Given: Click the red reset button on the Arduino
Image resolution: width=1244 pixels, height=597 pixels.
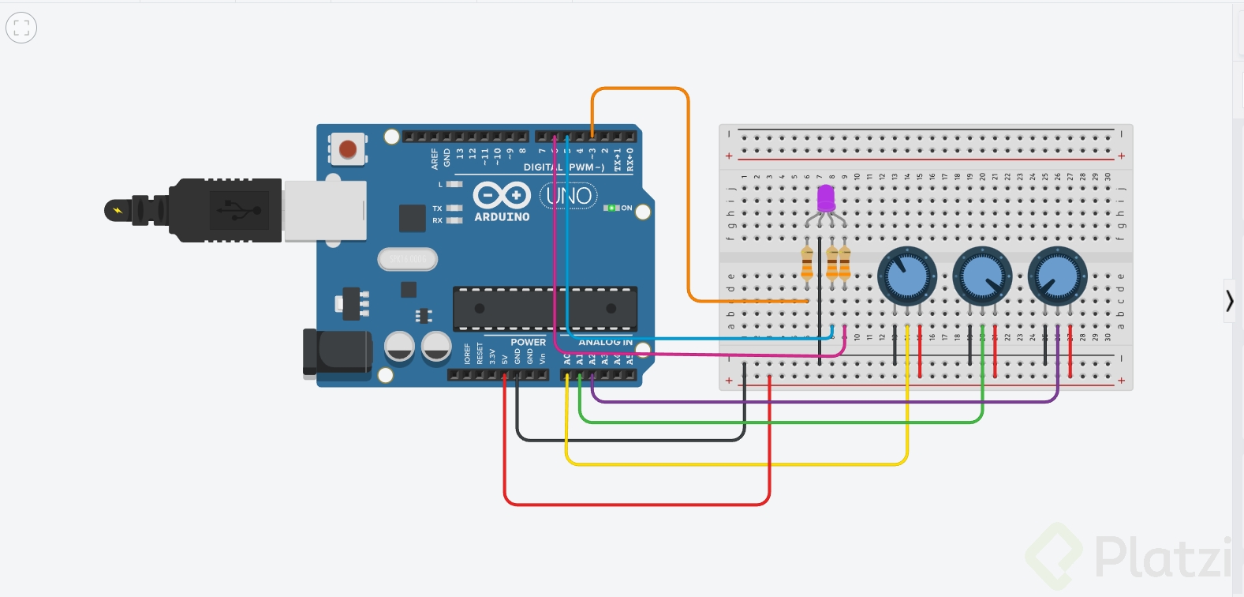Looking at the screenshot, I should click(347, 149).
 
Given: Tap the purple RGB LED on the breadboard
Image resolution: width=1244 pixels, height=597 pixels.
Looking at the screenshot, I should click(826, 197).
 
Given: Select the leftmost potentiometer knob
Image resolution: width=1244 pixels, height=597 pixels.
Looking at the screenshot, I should click(907, 276).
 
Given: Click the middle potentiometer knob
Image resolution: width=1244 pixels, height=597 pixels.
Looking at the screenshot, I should click(982, 276).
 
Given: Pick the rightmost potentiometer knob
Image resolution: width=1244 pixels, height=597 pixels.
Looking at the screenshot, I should click(1057, 276).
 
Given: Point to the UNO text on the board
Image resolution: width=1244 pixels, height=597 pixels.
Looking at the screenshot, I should click(569, 196).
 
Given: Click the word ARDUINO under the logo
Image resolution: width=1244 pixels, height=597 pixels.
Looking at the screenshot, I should click(502, 216).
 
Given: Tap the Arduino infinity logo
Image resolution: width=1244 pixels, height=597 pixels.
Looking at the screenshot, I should click(501, 195).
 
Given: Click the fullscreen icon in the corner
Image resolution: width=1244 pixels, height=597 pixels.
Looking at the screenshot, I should click(21, 28).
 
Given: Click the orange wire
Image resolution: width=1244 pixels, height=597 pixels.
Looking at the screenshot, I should click(688, 197).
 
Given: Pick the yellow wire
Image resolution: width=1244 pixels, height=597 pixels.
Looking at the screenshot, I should click(734, 464).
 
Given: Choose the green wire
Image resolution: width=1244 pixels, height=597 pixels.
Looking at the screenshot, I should click(781, 422).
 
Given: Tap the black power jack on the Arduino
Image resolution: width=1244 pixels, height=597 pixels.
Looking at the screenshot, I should click(338, 352).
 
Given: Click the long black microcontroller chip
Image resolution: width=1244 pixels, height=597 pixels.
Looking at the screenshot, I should click(544, 309).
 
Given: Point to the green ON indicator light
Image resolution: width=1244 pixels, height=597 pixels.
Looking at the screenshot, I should click(611, 208).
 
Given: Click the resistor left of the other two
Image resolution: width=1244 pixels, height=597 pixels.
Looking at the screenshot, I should click(806, 263).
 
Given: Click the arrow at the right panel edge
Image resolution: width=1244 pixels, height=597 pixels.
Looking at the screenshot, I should click(1230, 300).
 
